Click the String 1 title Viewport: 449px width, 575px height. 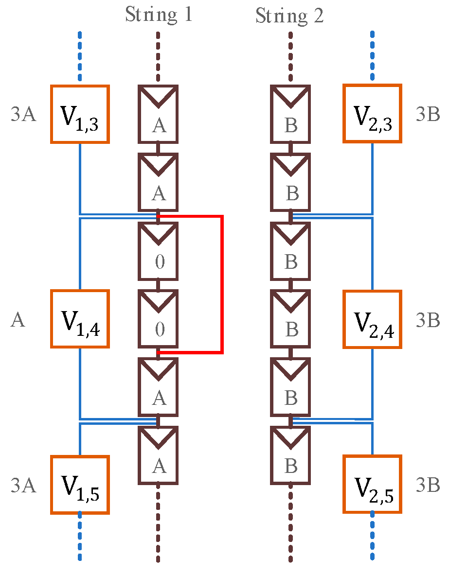159,15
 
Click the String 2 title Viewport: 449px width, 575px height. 289,16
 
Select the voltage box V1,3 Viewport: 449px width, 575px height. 80,114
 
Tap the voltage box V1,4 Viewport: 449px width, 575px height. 80,319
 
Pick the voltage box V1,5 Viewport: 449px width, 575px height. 80,485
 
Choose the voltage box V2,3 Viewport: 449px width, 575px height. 372,114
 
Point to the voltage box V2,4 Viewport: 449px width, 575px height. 372,319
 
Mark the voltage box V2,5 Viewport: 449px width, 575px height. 372,484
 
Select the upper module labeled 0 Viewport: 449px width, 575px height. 159,251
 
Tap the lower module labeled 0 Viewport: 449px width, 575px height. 159,319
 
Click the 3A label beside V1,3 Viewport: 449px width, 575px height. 23,115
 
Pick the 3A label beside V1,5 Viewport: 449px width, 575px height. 23,485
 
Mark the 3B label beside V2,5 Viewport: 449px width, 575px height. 428,485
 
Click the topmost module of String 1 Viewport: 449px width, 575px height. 159,115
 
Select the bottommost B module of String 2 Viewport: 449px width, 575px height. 290,455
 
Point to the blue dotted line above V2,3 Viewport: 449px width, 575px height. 372,56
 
